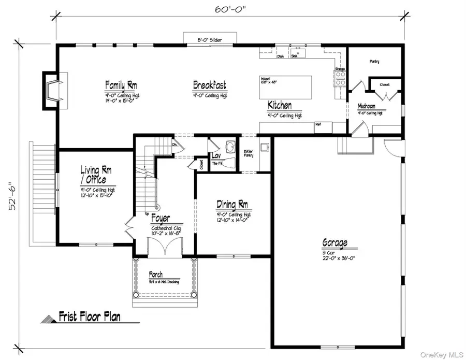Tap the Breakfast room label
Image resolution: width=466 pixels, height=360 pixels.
point(209,85)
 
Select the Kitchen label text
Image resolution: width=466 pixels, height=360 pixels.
point(280,105)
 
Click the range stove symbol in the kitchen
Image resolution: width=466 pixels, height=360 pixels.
point(341,78)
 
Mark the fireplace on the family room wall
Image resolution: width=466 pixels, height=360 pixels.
point(52,89)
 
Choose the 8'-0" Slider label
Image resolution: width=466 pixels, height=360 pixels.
point(210,39)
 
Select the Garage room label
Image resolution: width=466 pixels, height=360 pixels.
point(334,242)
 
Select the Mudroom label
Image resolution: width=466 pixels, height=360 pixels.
point(370,106)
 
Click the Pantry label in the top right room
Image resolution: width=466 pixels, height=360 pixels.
point(374,61)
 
